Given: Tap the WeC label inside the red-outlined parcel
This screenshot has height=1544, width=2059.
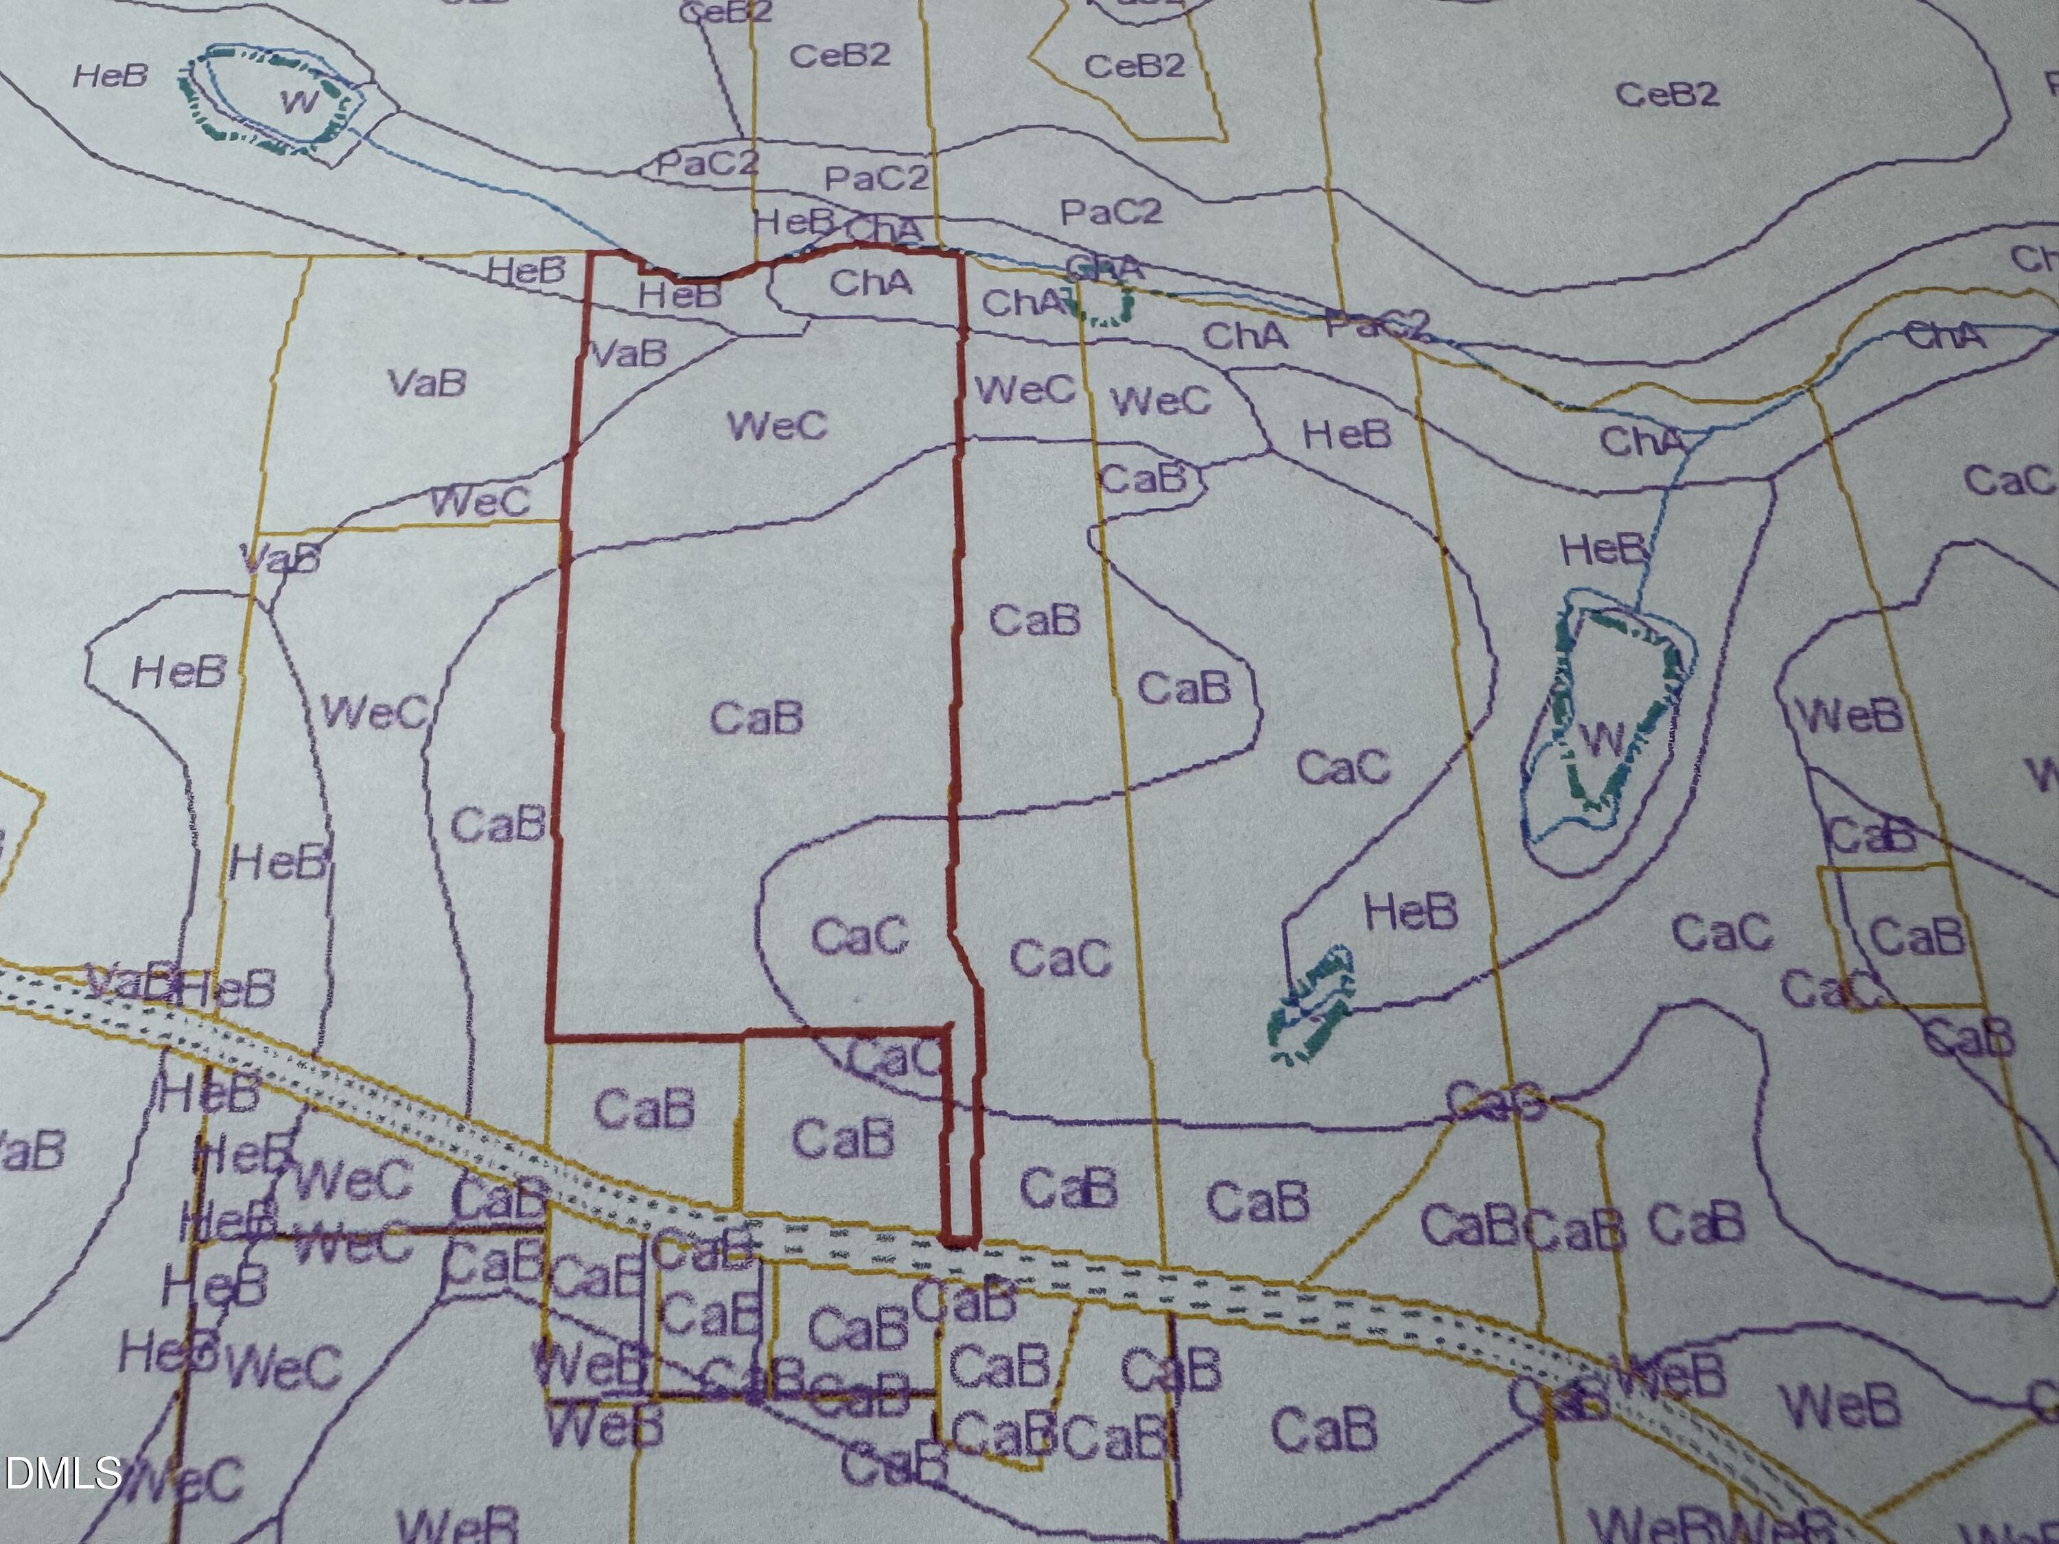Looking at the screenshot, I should pyautogui.click(x=776, y=426).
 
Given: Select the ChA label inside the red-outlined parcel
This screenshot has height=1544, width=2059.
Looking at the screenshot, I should pyautogui.click(x=870, y=282).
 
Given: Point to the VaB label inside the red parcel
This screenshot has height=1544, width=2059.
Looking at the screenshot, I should pyautogui.click(x=629, y=353).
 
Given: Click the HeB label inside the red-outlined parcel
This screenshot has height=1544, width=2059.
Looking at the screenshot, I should pyautogui.click(x=679, y=296).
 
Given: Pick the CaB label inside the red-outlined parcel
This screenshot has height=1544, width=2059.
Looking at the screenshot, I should pyautogui.click(x=756, y=718).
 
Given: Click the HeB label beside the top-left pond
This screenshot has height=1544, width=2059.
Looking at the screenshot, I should pyautogui.click(x=110, y=75).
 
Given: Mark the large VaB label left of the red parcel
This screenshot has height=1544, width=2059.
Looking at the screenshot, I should pyautogui.click(x=426, y=382).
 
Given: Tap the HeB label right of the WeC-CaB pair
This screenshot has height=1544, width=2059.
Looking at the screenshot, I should pyautogui.click(x=1346, y=434).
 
